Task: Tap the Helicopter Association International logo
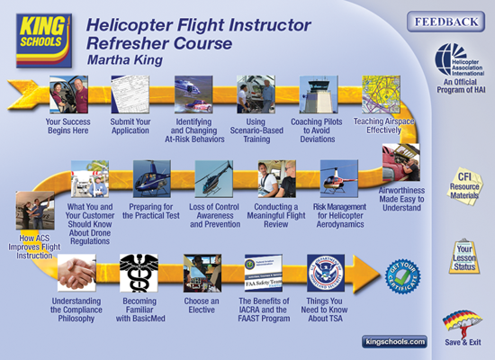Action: (453, 59)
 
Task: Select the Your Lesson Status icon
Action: (463, 254)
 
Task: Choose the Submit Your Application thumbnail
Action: (130, 94)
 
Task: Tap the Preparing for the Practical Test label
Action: (152, 213)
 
